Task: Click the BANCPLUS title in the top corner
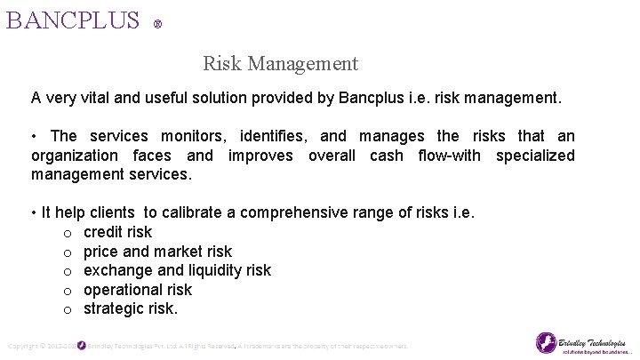tap(73, 20)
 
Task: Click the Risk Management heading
tap(280, 63)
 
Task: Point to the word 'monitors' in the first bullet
tap(194, 136)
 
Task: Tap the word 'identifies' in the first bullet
tap(268, 136)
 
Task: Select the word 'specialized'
tap(535, 156)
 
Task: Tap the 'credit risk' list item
tap(117, 232)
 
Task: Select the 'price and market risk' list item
tap(157, 252)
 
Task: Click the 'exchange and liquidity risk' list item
tap(177, 270)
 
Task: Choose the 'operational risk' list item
tap(137, 290)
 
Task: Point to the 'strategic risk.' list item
tap(131, 309)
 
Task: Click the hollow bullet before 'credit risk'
tap(68, 233)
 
